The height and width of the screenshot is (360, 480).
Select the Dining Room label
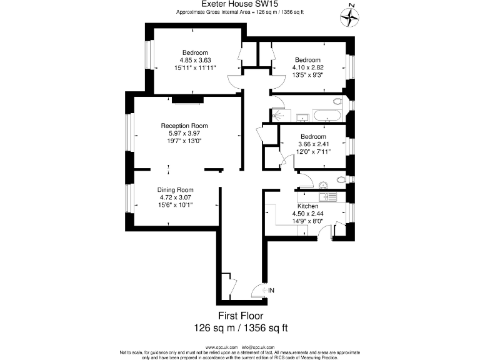(175, 189)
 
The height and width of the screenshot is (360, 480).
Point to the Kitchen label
(307, 206)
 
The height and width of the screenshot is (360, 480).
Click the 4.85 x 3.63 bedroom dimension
(195, 60)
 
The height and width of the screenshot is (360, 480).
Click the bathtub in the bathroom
(327, 115)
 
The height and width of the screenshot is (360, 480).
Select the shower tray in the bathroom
(279, 115)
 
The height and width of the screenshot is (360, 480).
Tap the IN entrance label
(271, 291)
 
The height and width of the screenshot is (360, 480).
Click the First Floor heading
(240, 316)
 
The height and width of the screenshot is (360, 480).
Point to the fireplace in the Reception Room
(187, 98)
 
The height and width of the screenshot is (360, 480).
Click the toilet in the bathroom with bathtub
(337, 101)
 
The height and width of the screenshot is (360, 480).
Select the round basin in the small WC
(323, 184)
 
